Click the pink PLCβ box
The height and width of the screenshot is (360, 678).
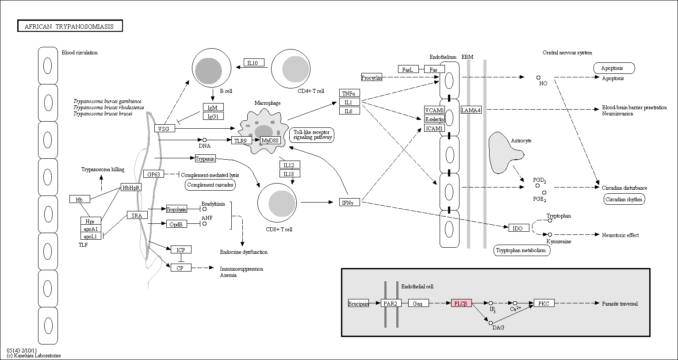(461, 303)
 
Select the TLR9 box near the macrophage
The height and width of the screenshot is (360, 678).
(241, 141)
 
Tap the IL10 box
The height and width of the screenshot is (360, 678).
(254, 63)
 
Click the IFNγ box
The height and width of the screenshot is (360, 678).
(349, 202)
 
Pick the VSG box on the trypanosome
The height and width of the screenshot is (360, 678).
(165, 128)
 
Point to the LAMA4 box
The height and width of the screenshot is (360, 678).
(471, 110)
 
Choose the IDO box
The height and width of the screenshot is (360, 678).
(519, 228)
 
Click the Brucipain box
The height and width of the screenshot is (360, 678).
(358, 303)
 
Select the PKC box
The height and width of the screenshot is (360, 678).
(544, 303)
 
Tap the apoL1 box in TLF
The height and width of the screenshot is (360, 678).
(91, 236)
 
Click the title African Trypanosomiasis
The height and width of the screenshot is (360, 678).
(70, 26)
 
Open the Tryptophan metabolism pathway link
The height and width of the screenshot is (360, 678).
(522, 250)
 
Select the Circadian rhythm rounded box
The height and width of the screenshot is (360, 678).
(624, 199)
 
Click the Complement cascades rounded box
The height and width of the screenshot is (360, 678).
(211, 185)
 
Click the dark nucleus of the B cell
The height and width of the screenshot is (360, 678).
(208, 71)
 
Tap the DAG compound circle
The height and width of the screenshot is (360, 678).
(490, 323)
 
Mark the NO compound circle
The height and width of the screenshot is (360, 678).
(538, 78)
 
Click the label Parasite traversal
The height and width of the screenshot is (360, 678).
(620, 304)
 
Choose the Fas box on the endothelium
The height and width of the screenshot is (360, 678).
(434, 69)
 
